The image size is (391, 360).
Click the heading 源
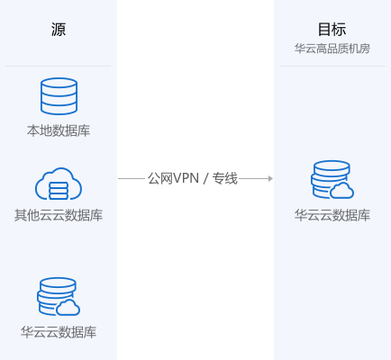click(59, 30)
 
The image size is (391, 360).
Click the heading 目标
click(332, 30)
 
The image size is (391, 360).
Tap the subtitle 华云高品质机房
click(332, 49)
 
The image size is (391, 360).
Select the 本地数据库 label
click(59, 130)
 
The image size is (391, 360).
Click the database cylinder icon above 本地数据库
click(59, 96)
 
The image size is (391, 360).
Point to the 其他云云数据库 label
click(59, 215)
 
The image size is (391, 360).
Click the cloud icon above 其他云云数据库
click(59, 184)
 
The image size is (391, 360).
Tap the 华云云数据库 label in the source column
click(59, 332)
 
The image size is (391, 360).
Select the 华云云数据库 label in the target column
click(332, 215)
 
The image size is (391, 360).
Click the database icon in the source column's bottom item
click(59, 296)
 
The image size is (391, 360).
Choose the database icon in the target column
click(332, 179)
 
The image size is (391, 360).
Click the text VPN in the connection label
click(186, 178)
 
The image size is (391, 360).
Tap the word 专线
click(225, 178)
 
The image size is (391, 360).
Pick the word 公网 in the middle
click(160, 178)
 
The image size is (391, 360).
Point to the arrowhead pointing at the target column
click(271, 179)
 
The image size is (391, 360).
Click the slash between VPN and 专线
click(205, 179)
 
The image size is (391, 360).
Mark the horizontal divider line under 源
click(58, 66)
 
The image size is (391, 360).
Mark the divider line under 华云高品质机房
click(332, 66)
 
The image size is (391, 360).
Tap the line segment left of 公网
click(132, 179)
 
